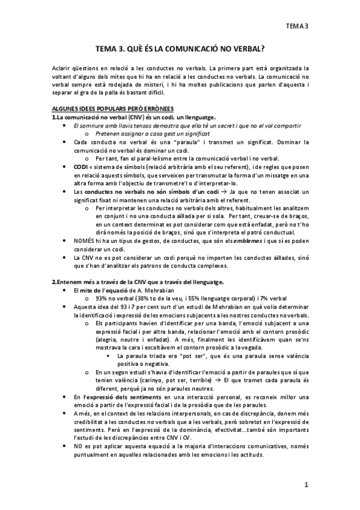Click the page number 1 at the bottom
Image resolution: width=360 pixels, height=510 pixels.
[307, 485]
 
